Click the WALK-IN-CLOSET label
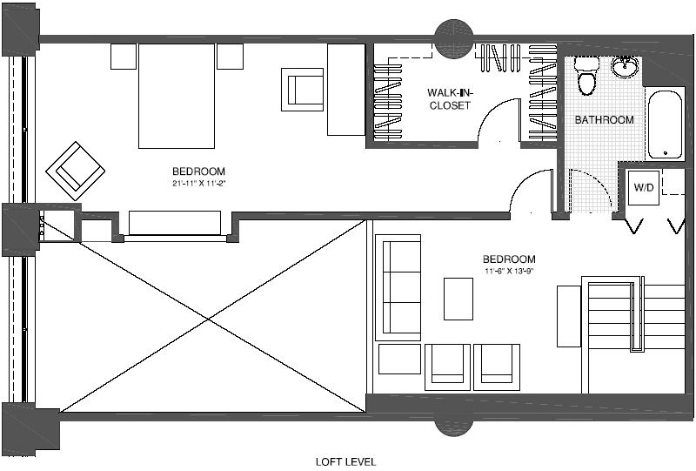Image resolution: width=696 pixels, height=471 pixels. click(448, 98)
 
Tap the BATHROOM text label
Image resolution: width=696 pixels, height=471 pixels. click(604, 119)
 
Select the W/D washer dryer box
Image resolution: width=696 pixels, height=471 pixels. click(643, 187)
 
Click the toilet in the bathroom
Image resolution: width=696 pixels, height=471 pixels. click(586, 77)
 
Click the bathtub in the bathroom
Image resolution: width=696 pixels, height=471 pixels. click(666, 123)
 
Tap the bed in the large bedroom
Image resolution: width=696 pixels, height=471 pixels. click(177, 96)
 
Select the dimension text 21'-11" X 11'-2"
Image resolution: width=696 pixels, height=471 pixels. click(198, 184)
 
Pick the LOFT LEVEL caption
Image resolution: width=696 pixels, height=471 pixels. click(345, 461)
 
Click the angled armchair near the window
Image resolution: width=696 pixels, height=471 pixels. click(76, 169)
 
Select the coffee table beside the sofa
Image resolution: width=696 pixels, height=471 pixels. click(458, 299)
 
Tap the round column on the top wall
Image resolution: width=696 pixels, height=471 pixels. click(454, 40)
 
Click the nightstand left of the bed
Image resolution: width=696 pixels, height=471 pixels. click(124, 57)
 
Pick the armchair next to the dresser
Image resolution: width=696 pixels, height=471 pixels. click(302, 89)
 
